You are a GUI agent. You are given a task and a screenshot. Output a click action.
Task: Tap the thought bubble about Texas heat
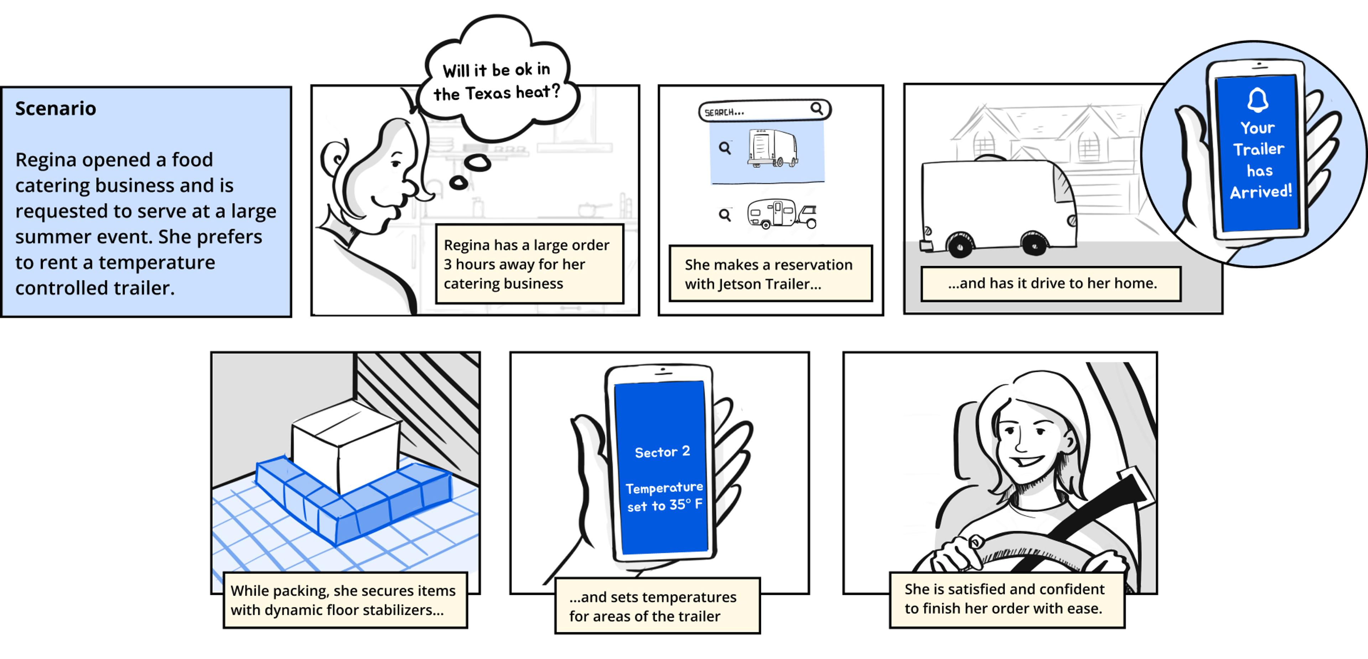[x=497, y=81]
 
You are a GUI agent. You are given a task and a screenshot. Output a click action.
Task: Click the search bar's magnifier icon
[x=816, y=109]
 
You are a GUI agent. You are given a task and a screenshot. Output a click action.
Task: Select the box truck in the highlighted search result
[x=773, y=148]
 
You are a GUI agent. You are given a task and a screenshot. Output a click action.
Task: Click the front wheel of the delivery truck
[x=1033, y=244]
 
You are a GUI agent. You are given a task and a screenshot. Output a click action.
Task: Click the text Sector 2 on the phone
[x=662, y=452]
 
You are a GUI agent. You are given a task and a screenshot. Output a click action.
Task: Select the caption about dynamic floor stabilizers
[x=344, y=600]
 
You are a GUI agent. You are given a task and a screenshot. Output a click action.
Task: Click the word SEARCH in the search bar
[x=723, y=113]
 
